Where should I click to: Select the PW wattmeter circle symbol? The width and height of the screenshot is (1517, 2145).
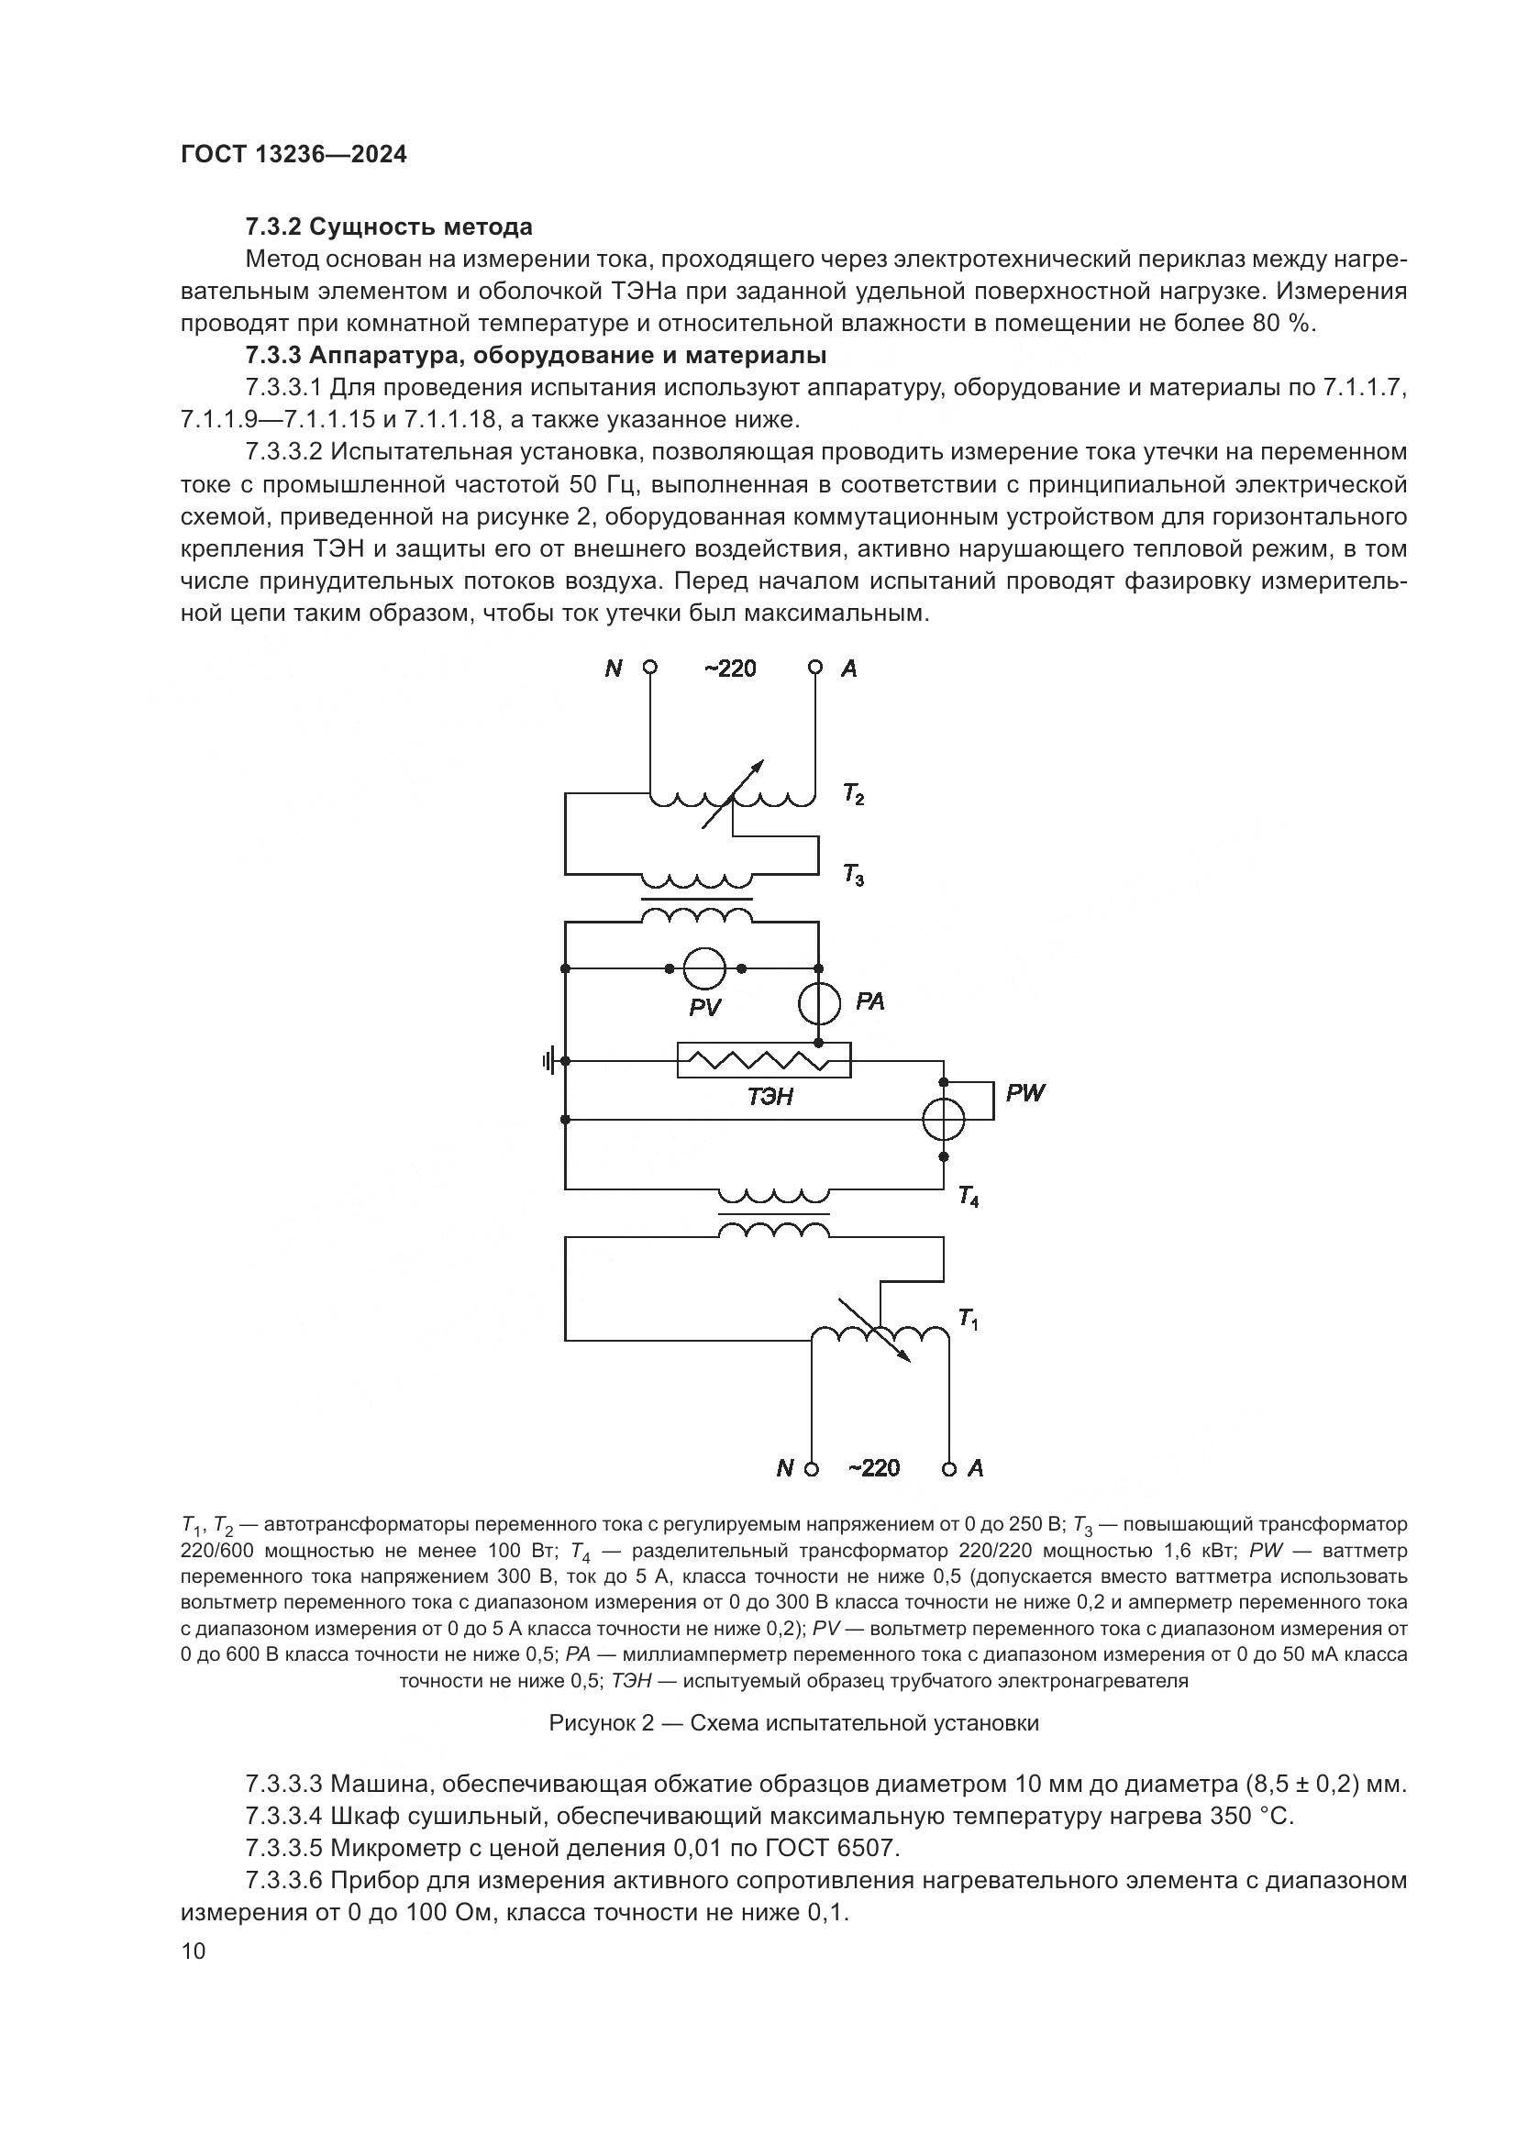944,1118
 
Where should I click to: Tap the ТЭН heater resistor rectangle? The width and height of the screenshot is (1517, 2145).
763,1060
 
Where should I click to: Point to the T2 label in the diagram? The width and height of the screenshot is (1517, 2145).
853,795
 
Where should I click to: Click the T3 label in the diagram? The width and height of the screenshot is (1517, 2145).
853,876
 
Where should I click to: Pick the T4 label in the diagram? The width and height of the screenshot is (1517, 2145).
969,1197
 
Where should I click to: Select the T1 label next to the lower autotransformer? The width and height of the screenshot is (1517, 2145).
969,1319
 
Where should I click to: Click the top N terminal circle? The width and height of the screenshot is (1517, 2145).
650,667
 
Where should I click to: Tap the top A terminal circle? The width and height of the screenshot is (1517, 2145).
815,667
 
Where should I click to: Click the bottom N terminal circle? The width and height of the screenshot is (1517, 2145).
812,1467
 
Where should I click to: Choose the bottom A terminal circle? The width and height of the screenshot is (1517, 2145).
949,1467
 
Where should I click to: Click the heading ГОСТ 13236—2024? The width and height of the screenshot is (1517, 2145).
293,155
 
